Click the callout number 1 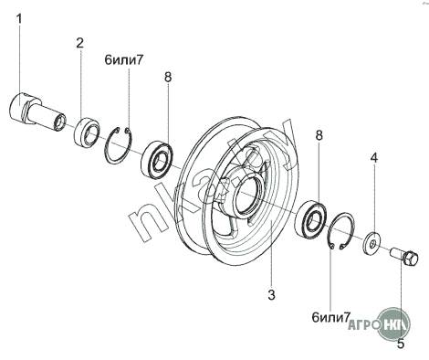[x=19, y=19]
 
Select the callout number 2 [x=79, y=43]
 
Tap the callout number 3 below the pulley [x=271, y=295]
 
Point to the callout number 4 [x=373, y=158]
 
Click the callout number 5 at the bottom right [x=401, y=344]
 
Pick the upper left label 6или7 [x=123, y=60]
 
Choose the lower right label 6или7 [x=330, y=317]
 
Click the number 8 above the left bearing [x=168, y=77]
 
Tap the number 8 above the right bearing [x=319, y=135]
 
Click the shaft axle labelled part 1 [x=37, y=112]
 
